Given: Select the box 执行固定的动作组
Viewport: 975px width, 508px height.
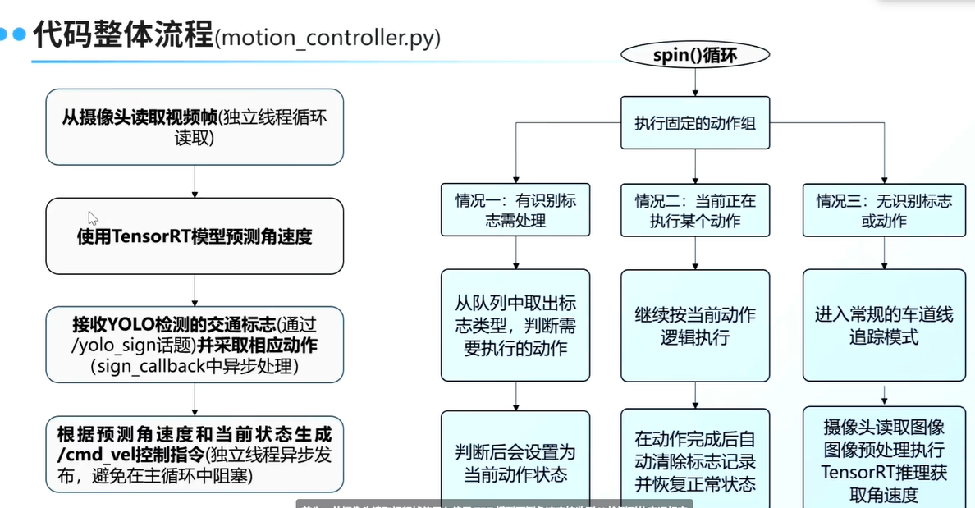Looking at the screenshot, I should (695, 123).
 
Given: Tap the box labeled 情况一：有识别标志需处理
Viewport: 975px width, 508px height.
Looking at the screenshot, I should (515, 210).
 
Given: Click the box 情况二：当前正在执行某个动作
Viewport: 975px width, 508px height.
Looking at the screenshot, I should (695, 210).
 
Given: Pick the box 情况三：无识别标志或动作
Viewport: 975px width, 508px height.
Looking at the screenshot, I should (884, 210).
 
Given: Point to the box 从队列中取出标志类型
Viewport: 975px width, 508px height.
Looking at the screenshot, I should (515, 325).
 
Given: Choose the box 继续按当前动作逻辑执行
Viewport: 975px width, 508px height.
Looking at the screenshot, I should (695, 325).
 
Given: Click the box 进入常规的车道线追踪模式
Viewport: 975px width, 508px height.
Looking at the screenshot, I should (884, 325).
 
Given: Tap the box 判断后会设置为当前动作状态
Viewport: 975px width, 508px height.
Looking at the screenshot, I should (515, 462).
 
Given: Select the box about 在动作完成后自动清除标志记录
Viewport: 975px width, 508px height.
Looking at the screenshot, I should (695, 461).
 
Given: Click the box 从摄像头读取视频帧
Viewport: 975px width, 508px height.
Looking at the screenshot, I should (194, 127).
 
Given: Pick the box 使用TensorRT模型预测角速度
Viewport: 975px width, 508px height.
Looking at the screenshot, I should (194, 236).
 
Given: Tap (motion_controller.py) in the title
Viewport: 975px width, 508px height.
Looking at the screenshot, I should (327, 38).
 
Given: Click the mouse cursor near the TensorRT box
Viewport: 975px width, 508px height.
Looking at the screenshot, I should (93, 217).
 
